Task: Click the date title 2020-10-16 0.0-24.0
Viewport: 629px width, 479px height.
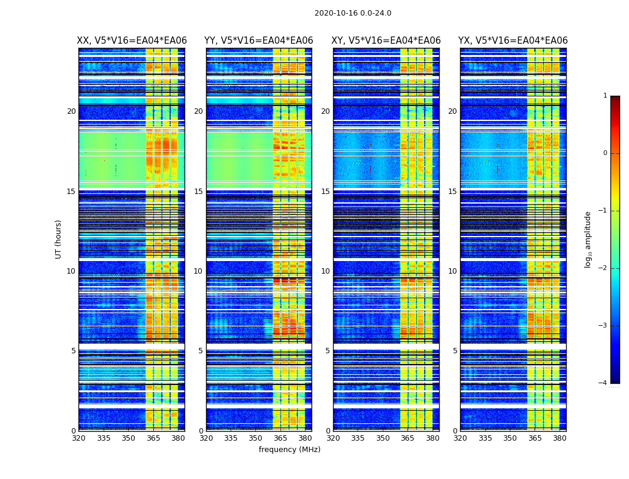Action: click(353, 13)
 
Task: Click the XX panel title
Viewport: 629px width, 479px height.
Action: click(132, 41)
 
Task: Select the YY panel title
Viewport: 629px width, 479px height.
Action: click(259, 41)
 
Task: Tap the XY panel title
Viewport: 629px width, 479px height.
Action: click(386, 41)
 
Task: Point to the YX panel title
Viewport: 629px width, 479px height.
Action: click(513, 41)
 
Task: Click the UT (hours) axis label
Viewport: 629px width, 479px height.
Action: click(59, 239)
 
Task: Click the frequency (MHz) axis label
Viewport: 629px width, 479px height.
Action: click(289, 450)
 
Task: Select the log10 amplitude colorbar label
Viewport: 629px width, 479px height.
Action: click(588, 239)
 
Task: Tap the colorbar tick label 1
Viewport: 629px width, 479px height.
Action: click(605, 96)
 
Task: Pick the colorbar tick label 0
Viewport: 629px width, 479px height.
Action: click(605, 153)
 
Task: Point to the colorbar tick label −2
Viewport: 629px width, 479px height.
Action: click(604, 268)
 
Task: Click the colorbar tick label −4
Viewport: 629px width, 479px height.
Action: click(604, 383)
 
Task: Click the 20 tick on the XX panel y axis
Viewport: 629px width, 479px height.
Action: click(71, 111)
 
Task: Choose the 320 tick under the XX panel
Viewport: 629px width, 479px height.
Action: click(78, 438)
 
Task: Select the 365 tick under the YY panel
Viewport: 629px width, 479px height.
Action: click(281, 438)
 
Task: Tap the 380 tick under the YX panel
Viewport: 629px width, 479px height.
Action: click(560, 438)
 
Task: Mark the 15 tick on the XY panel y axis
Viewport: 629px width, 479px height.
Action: click(325, 192)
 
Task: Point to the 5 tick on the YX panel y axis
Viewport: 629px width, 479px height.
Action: click(455, 351)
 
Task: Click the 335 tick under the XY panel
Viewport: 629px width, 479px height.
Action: click(358, 438)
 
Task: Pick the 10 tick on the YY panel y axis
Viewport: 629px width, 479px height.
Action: click(198, 271)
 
